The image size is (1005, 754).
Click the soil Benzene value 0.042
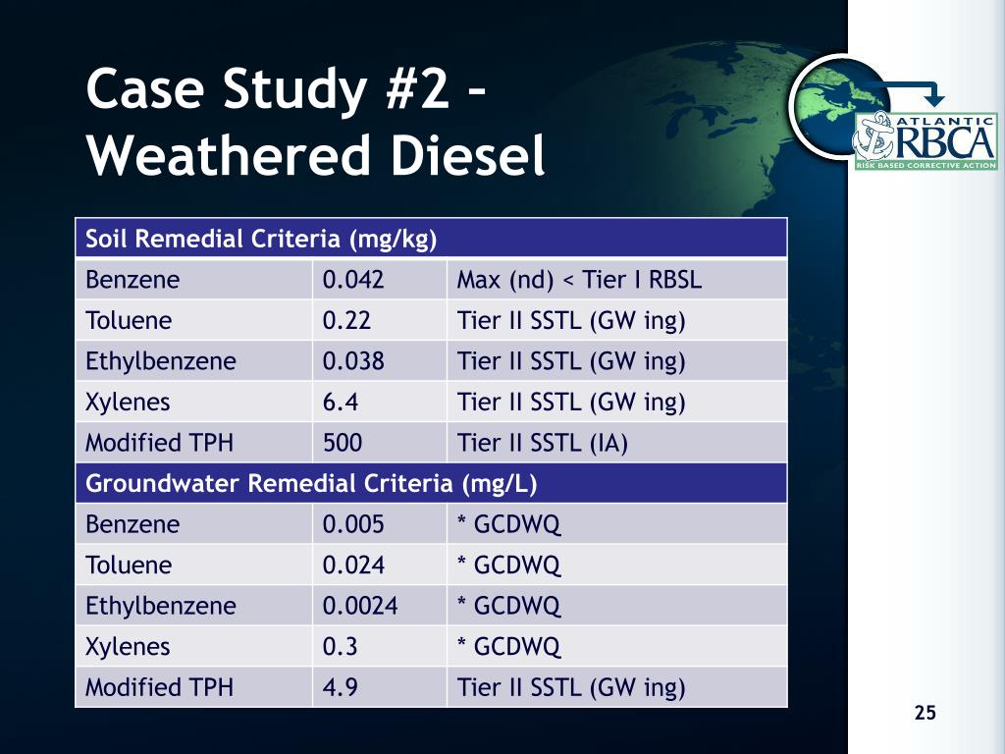[353, 280]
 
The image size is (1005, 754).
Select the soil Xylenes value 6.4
[341, 402]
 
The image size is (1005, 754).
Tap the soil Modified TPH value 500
[343, 443]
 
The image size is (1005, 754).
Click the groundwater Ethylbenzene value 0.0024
[360, 606]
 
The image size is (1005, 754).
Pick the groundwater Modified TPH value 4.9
[341, 687]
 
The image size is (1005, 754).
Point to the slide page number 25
[925, 713]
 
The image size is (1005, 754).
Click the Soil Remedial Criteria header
[261, 240]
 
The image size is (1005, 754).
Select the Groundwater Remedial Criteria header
[311, 483]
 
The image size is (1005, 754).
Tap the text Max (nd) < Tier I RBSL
[579, 280]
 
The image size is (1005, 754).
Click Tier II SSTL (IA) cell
[542, 443]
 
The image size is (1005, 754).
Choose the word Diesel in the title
[468, 155]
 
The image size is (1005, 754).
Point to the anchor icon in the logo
[873, 135]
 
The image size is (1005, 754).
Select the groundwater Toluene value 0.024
[353, 565]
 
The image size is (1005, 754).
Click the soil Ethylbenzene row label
[161, 361]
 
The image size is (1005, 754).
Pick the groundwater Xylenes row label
[128, 647]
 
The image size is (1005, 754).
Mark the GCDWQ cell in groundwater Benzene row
[509, 524]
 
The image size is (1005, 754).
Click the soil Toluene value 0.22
[346, 321]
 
